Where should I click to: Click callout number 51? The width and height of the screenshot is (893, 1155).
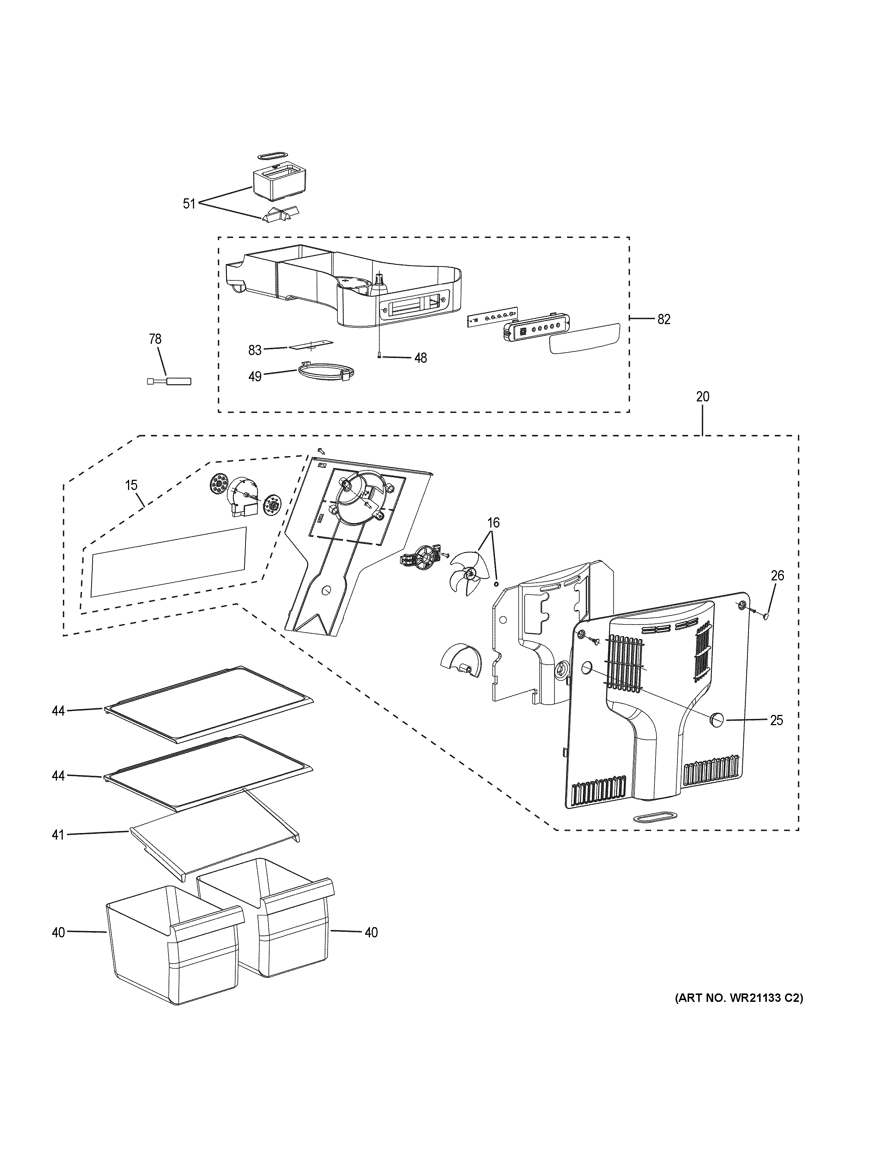[189, 203]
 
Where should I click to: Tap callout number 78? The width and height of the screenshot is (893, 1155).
[155, 339]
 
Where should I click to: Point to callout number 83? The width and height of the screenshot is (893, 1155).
[255, 350]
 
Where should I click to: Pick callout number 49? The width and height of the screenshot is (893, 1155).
[255, 377]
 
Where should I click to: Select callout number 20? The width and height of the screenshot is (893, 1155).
[703, 397]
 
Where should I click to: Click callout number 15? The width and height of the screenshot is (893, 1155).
[131, 485]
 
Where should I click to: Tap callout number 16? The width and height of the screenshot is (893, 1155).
[493, 523]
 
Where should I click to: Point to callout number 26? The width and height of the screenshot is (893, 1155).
[777, 575]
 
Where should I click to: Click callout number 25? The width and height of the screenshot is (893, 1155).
[776, 720]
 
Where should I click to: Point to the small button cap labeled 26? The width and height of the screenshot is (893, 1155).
[765, 615]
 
